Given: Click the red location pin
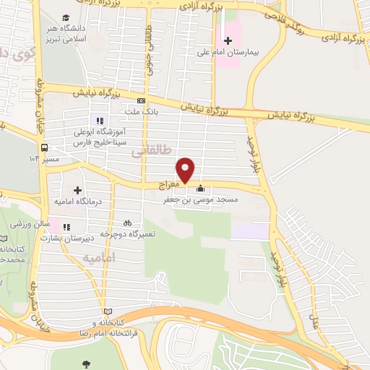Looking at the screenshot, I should point(186,169).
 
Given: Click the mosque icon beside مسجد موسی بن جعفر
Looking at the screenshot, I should point(200,189).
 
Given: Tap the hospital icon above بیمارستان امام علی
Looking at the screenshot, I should point(228,40).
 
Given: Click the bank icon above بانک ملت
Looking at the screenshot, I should point(141,101).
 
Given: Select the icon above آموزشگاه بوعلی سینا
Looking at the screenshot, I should point(98,121).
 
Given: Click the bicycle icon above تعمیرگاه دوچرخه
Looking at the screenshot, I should point(128,223).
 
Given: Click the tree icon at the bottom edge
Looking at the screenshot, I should point(87,363).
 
